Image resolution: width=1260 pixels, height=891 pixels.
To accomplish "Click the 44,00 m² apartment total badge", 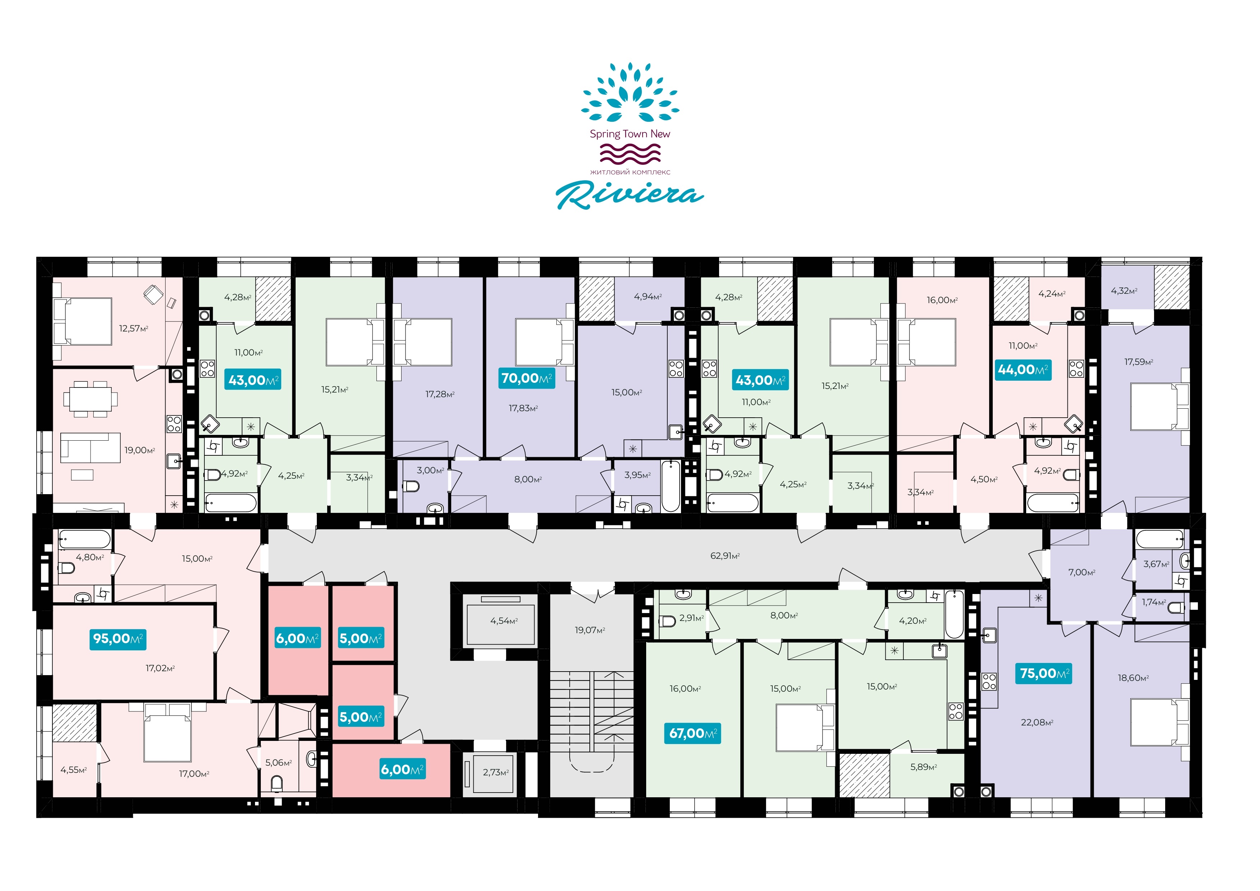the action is pyautogui.click(x=1023, y=370).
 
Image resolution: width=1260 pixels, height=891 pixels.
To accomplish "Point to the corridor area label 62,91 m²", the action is pyautogui.click(x=725, y=556).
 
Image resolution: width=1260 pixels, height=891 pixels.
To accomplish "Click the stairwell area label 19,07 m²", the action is pyautogui.click(x=590, y=630).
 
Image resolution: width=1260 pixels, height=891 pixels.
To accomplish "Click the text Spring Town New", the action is pyautogui.click(x=630, y=134).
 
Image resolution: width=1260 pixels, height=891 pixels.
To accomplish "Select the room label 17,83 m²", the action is pyautogui.click(x=523, y=408).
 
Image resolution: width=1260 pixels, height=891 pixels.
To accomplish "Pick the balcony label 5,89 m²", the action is pyautogui.click(x=923, y=767).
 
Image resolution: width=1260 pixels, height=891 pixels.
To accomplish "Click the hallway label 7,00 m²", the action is pyautogui.click(x=1081, y=572).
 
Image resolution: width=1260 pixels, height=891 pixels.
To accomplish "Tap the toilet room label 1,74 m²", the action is pyautogui.click(x=1154, y=602).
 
